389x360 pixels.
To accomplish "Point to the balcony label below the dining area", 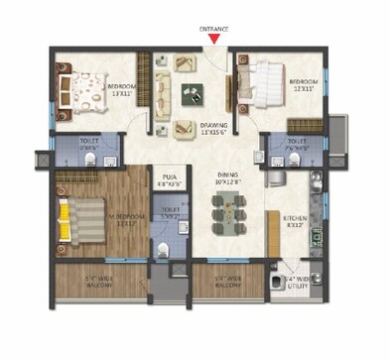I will pos(227,283).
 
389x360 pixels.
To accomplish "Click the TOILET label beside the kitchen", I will pos(297,145).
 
